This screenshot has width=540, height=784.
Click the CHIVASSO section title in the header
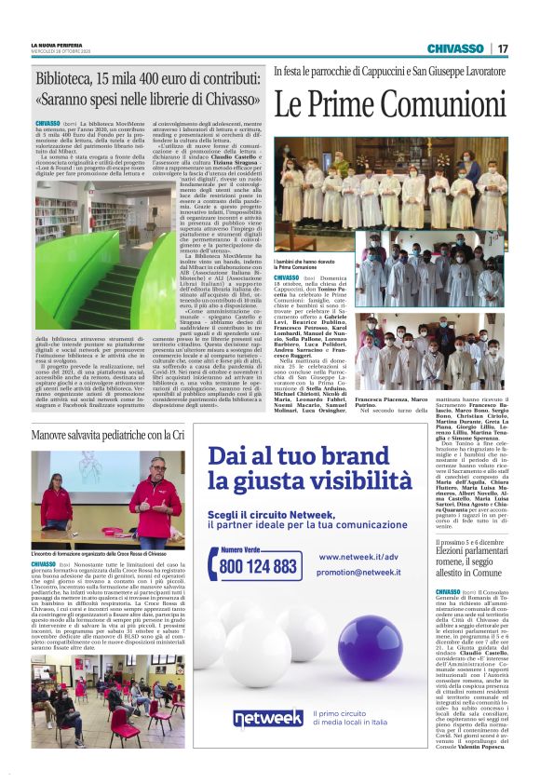(x=455, y=48)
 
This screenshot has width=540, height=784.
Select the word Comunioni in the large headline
(x=441, y=106)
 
